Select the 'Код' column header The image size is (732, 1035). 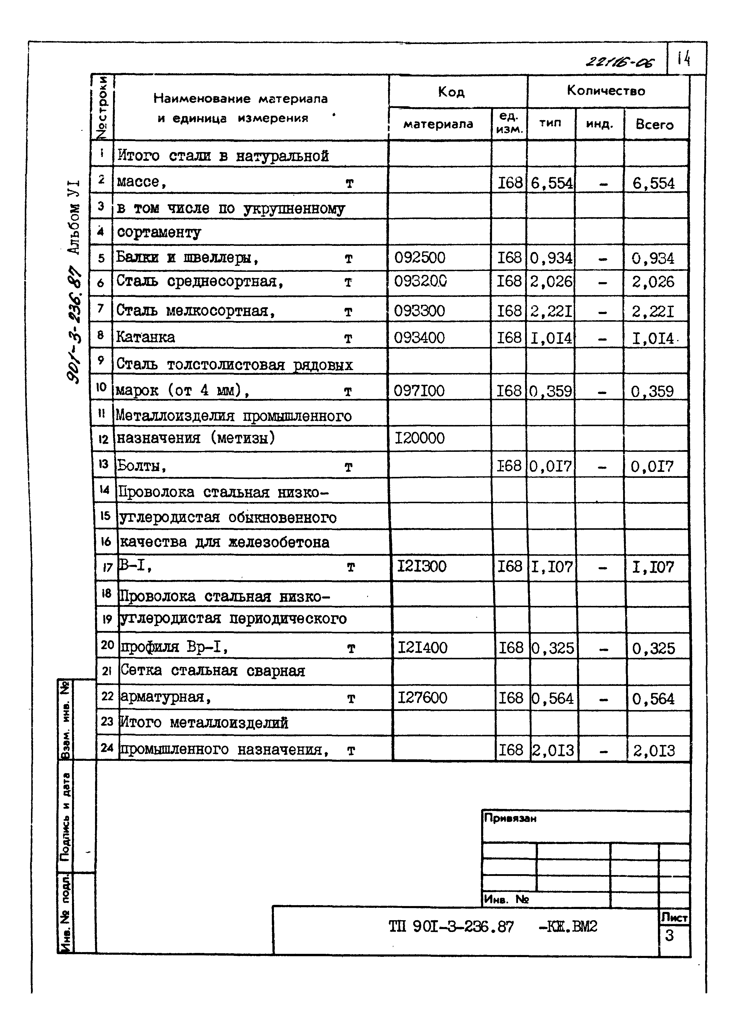point(451,92)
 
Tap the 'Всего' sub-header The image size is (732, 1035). point(654,125)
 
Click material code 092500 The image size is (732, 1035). point(420,258)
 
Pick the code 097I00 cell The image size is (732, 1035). point(419,390)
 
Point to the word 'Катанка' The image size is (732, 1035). point(146,337)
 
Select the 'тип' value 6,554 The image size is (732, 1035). point(552,183)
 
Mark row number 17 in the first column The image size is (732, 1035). point(107,568)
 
